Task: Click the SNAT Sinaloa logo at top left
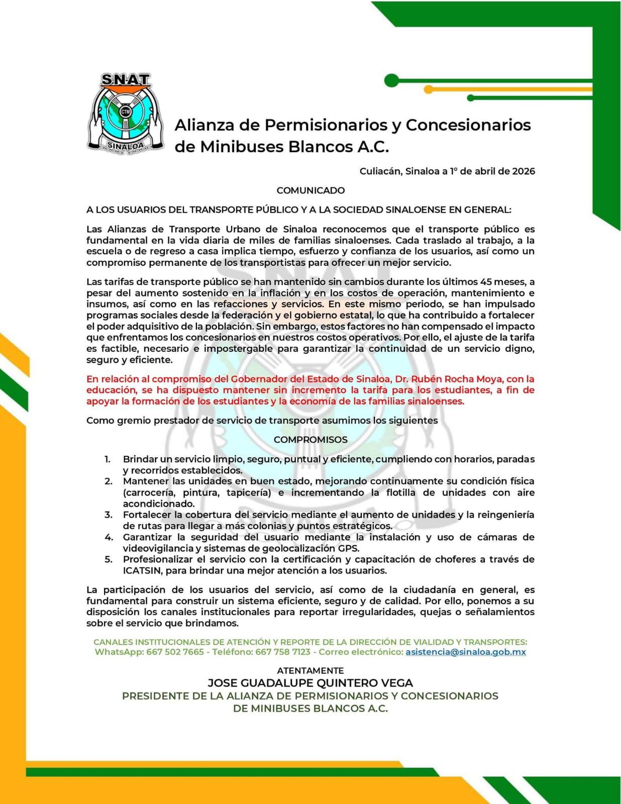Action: click(126, 113)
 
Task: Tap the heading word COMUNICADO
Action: click(310, 190)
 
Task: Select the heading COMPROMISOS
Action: click(310, 440)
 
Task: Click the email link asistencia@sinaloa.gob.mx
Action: click(466, 652)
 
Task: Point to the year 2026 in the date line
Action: click(524, 171)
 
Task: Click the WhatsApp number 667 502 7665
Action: click(175, 652)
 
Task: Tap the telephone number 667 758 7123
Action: click(283, 652)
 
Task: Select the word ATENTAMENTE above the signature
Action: click(310, 671)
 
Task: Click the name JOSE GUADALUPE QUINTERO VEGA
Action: click(310, 683)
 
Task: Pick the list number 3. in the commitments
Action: click(109, 515)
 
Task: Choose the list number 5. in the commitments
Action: click(109, 560)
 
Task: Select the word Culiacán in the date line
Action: click(380, 171)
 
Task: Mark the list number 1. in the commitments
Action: click(108, 459)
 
